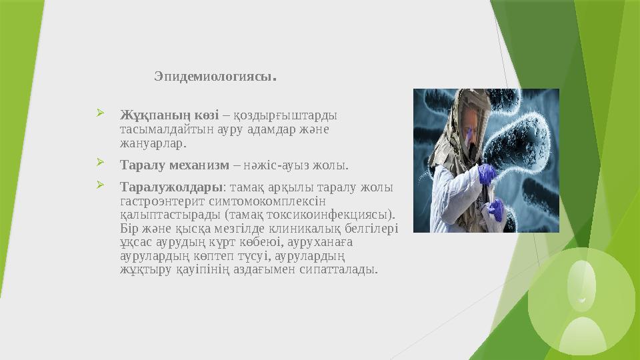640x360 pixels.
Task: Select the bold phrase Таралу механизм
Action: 175,163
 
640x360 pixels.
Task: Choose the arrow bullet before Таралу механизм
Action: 100,163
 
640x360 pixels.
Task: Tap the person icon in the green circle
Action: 582,290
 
